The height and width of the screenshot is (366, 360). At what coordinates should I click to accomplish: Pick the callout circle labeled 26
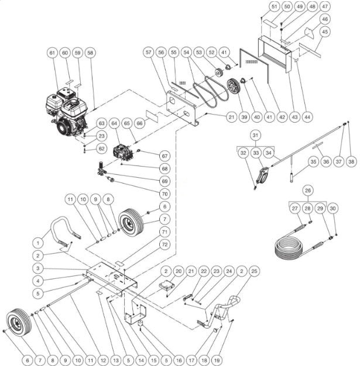coord(308,190)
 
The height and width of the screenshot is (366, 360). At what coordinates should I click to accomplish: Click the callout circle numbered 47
coord(325,6)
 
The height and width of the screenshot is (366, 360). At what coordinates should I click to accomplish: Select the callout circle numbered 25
coord(253,271)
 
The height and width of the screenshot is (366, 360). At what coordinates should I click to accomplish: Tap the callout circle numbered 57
coord(149,52)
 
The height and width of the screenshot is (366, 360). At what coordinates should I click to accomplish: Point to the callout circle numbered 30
coord(333,208)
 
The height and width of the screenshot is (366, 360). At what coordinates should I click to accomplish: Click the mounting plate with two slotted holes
coord(183,109)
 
